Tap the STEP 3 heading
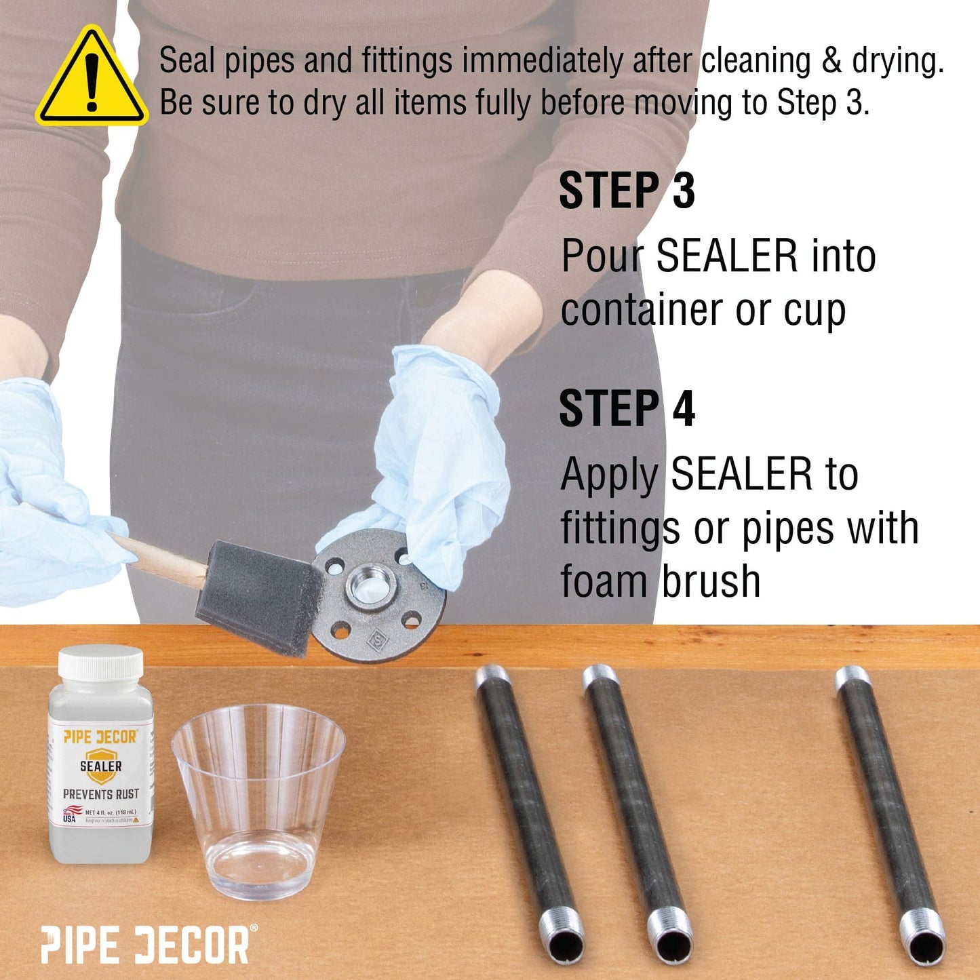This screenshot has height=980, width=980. coord(627,191)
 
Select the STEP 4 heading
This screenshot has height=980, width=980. coord(627,409)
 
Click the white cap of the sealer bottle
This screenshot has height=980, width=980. coord(100,663)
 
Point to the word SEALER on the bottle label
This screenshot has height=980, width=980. coord(101,766)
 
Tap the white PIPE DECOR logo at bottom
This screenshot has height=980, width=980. coord(146,945)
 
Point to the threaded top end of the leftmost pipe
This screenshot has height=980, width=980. coord(492,676)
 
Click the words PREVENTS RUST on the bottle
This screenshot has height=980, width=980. coord(101,794)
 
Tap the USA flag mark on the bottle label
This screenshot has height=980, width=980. coord(70,815)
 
